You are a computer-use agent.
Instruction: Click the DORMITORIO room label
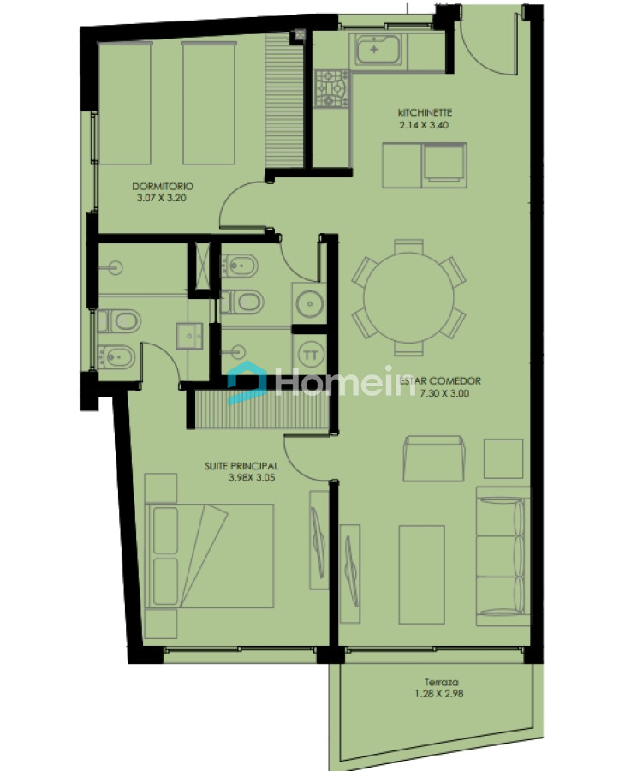(x=162, y=186)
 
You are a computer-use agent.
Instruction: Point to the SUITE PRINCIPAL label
(x=237, y=466)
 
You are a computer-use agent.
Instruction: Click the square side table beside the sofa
(x=503, y=458)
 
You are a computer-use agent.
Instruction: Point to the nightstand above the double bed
(x=161, y=487)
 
